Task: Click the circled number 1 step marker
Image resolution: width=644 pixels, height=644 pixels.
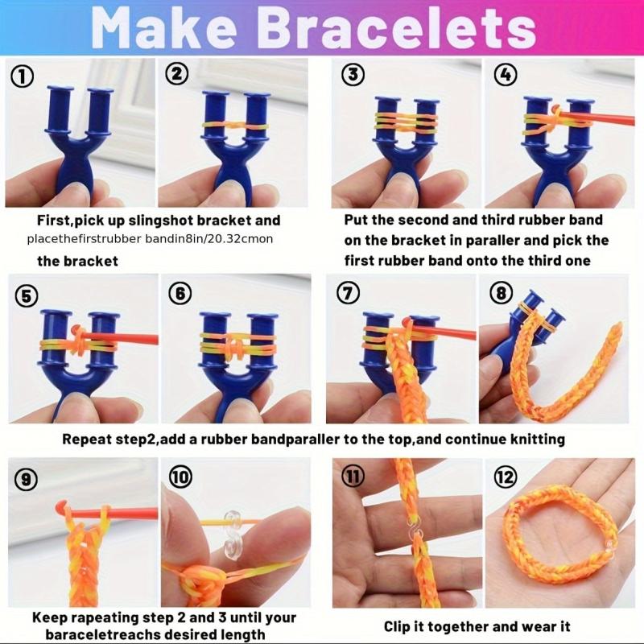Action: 23,76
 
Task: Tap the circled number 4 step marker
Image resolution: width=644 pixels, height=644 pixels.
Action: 506,74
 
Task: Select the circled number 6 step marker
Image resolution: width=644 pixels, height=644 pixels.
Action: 180,293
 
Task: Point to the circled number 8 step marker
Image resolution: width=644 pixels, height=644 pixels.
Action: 501,293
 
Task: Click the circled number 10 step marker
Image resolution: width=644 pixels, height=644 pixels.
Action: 180,477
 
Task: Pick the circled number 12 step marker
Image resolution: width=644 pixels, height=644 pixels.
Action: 506,477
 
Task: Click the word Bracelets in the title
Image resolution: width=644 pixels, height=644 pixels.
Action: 396,28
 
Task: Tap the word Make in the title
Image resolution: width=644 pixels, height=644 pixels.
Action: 164,28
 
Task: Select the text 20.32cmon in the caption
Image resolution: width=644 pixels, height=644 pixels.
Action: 240,239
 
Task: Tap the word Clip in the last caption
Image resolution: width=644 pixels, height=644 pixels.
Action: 398,627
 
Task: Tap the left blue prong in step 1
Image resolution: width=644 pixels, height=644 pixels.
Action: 60,109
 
